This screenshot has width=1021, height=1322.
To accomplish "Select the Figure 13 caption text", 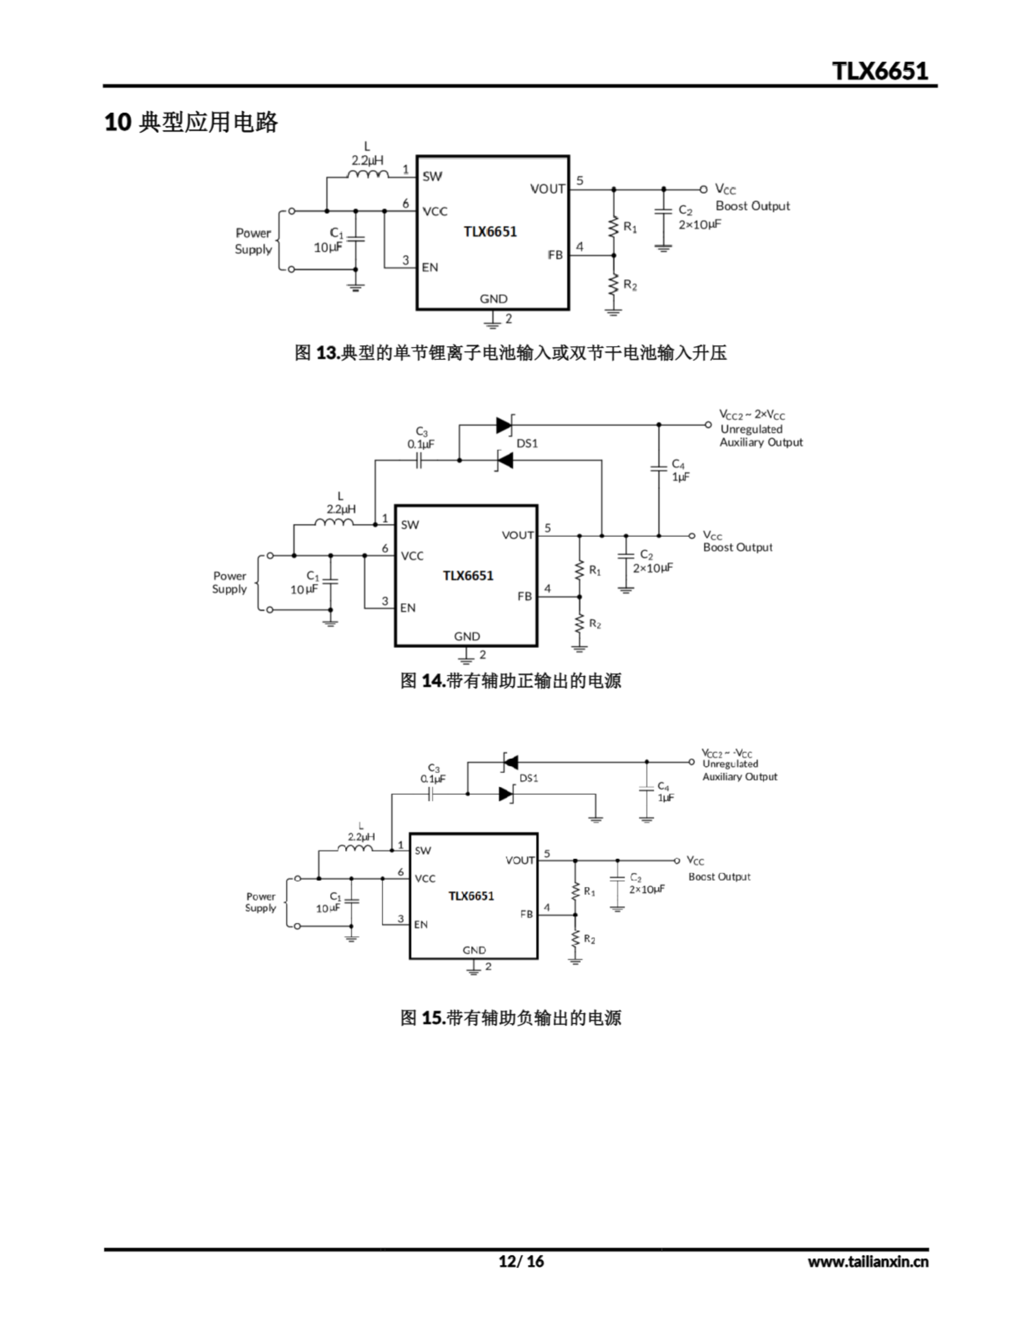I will [510, 352].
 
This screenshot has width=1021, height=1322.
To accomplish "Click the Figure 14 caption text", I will [510, 681].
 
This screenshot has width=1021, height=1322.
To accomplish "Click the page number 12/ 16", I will [520, 1261].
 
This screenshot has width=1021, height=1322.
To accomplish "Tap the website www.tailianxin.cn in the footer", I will [867, 1262].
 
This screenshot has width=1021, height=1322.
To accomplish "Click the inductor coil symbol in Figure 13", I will [368, 175].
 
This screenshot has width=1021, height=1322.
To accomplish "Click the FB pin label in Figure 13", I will [555, 255].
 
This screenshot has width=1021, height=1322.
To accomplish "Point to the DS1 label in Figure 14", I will [527, 444].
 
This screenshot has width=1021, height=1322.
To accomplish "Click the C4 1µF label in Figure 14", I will [680, 471].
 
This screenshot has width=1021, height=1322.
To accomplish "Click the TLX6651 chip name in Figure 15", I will [471, 896].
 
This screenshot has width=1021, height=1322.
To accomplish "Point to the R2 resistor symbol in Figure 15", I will [575, 939].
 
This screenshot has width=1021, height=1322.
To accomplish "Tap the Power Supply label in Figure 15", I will [260, 902].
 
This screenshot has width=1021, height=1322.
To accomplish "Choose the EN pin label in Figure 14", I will [407, 608].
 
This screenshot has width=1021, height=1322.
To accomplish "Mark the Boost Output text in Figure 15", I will [719, 876].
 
